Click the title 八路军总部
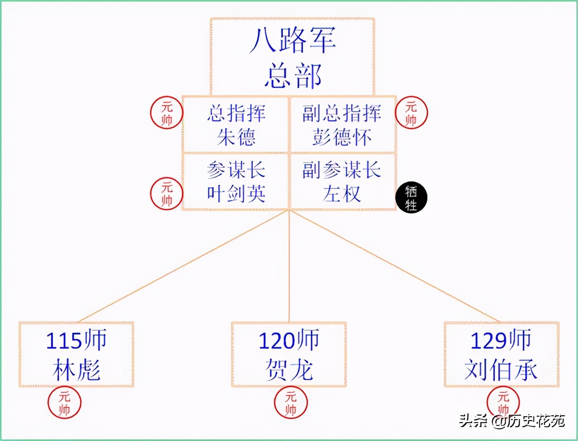(x=293, y=58)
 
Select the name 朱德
(x=236, y=137)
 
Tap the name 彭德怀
(x=342, y=137)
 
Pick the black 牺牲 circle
(x=411, y=198)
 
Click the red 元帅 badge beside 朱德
(x=167, y=113)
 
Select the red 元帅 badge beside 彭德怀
(x=411, y=113)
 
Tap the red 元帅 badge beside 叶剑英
(x=167, y=193)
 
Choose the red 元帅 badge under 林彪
(x=64, y=403)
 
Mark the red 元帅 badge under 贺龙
(x=291, y=403)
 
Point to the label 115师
(x=76, y=340)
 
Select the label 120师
(x=289, y=340)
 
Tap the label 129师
(x=501, y=340)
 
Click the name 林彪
(x=76, y=370)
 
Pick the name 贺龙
(x=289, y=370)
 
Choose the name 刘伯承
(x=501, y=370)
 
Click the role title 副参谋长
(x=342, y=170)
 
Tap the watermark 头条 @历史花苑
(x=512, y=421)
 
